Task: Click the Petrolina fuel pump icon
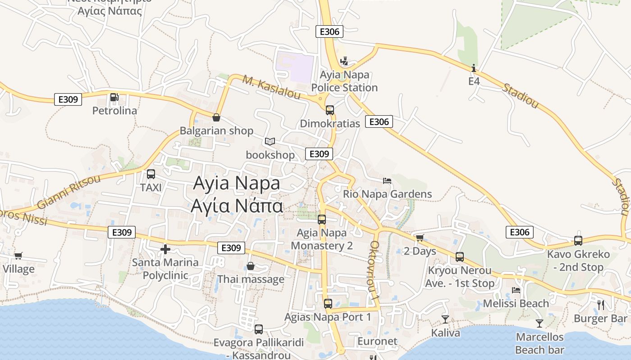click(x=114, y=97)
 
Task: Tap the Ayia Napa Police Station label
click(x=344, y=81)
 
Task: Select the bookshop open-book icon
click(x=270, y=142)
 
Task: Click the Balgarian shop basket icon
click(x=216, y=117)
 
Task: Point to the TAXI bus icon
click(x=151, y=174)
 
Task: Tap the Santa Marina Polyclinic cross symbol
click(x=165, y=249)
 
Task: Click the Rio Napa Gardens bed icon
click(x=387, y=181)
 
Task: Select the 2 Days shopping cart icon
click(x=420, y=238)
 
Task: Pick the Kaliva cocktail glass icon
click(x=445, y=319)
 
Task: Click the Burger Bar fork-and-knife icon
click(x=600, y=305)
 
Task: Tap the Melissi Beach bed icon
click(x=516, y=290)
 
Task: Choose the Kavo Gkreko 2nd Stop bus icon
click(x=578, y=241)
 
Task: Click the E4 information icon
click(x=474, y=68)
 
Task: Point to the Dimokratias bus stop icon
click(x=330, y=110)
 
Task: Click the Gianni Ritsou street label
click(x=69, y=192)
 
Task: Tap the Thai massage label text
click(x=251, y=279)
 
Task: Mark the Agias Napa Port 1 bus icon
click(x=328, y=304)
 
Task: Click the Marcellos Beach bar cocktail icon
click(x=539, y=323)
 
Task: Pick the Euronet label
click(x=377, y=341)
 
